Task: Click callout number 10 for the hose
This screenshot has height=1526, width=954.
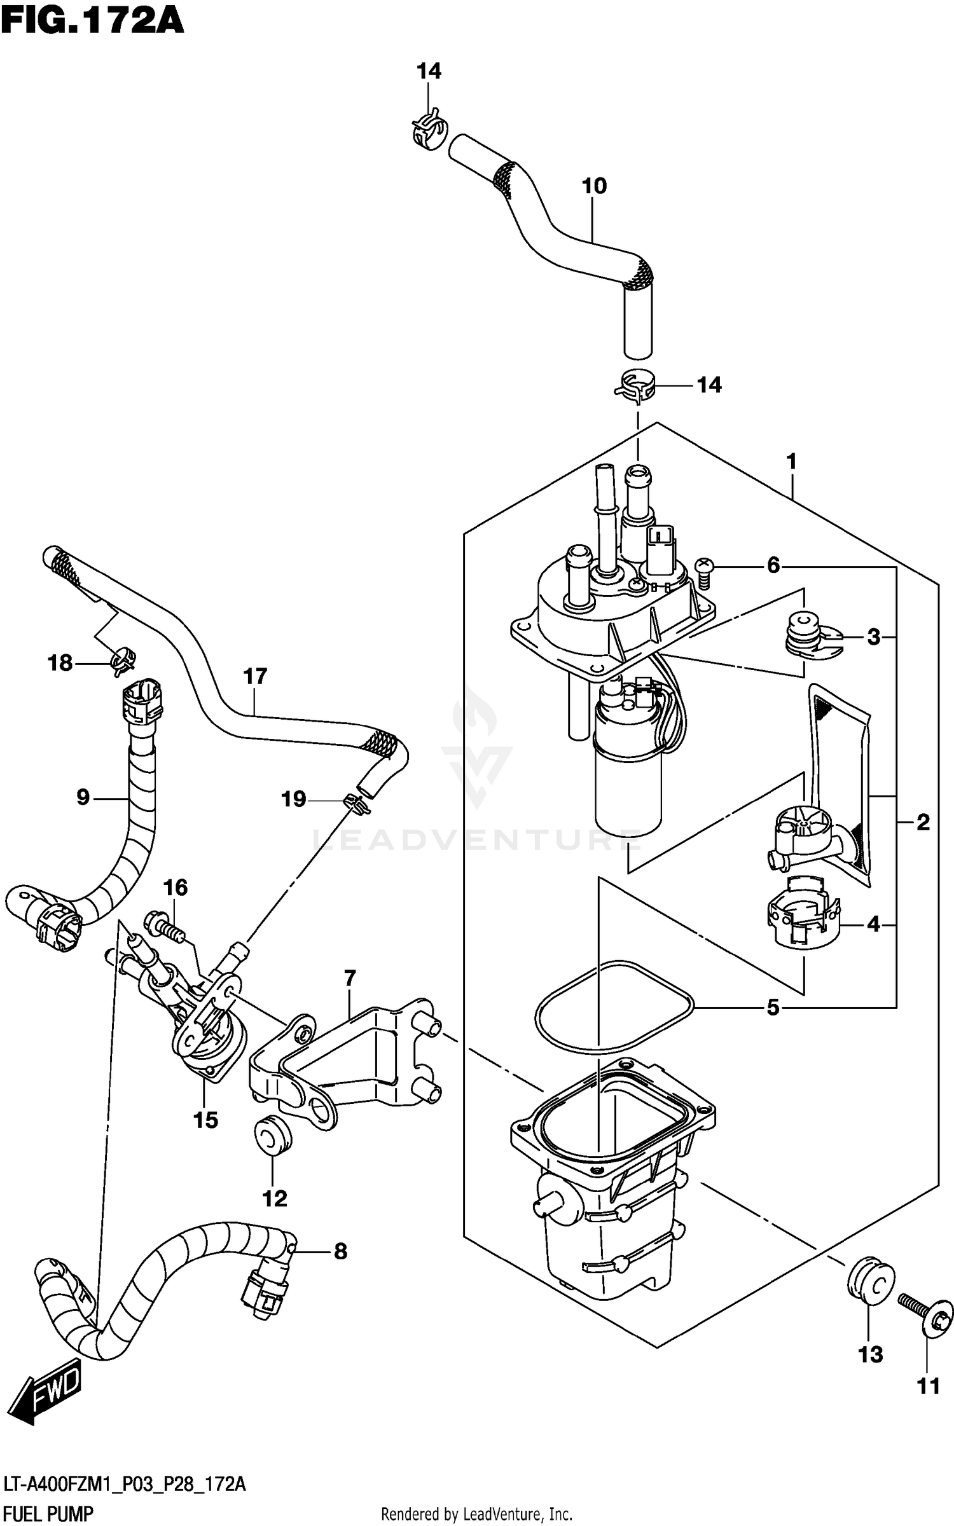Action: [594, 186]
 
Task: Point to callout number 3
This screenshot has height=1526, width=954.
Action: [874, 636]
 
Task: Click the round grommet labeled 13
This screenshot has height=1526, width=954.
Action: [870, 1284]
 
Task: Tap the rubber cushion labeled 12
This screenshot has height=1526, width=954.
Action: [273, 1138]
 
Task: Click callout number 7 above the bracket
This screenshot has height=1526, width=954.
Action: [350, 978]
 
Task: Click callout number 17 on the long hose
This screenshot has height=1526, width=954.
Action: [255, 676]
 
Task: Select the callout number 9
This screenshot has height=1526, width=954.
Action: [83, 797]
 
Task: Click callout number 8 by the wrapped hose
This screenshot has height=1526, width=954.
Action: [340, 1251]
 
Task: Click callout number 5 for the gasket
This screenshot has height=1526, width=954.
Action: [773, 1007]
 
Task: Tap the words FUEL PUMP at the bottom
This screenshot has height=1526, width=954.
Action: [48, 1514]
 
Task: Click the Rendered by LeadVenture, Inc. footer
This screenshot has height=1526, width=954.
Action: [476, 1514]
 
